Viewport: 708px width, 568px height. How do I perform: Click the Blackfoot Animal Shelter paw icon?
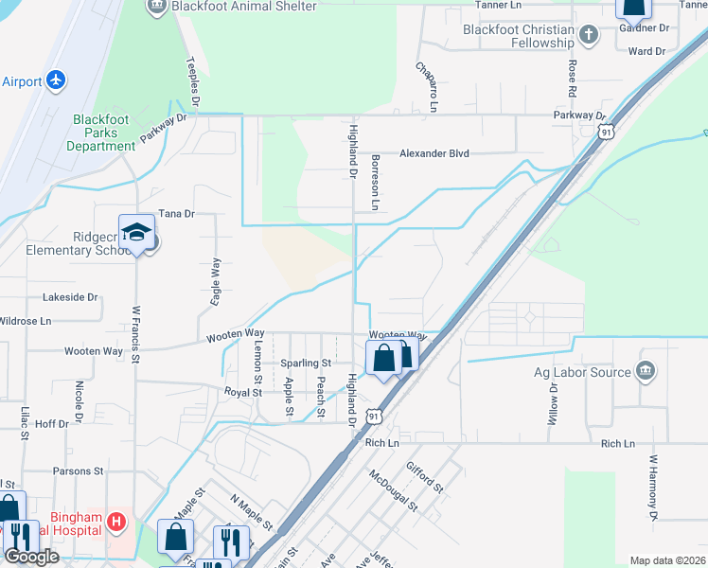157,7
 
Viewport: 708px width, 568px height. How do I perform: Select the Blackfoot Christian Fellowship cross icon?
588,36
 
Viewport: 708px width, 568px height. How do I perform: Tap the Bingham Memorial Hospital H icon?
116,520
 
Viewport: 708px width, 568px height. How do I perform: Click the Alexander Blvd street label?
434,153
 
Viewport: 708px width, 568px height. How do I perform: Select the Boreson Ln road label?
376,183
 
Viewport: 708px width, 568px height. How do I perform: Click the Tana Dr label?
176,214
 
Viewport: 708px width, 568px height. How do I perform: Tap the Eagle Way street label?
216,280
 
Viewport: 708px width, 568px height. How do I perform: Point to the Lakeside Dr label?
71,296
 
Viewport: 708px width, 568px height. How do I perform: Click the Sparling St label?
305,363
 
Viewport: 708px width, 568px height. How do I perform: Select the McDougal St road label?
393,489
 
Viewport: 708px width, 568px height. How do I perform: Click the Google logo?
31,557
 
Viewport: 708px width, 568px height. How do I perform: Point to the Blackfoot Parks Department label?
107,133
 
